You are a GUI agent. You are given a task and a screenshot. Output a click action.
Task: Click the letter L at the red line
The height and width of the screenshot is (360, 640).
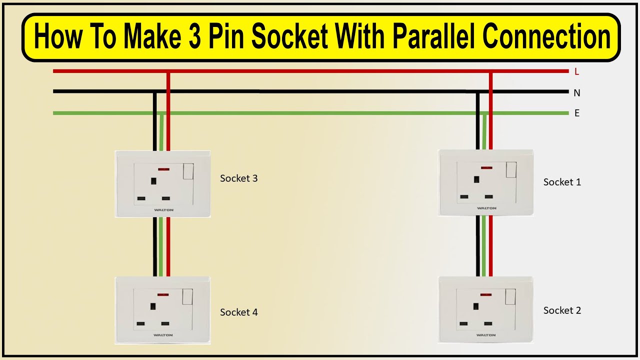(x=576, y=72)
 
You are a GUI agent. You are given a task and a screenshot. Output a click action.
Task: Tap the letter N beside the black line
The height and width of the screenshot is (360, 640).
(x=577, y=93)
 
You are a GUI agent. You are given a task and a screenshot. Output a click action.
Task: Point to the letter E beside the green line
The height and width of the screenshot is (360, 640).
(x=577, y=113)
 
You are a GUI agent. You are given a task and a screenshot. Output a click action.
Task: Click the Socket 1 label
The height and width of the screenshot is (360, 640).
(x=562, y=182)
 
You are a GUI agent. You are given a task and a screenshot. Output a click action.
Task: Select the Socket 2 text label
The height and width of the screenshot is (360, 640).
(x=562, y=310)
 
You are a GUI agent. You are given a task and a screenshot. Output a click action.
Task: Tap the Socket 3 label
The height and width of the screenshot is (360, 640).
(x=238, y=178)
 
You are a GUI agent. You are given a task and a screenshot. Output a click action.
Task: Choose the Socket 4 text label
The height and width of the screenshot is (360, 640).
(x=238, y=312)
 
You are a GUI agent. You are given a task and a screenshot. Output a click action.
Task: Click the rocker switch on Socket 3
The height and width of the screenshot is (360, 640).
(x=188, y=171)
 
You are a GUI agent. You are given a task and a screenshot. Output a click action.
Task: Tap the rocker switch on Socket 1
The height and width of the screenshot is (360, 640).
(x=511, y=170)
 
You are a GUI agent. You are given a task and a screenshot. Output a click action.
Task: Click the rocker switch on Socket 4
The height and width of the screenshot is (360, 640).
(x=188, y=297)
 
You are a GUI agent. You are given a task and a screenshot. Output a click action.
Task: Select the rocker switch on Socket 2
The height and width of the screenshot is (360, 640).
(x=511, y=296)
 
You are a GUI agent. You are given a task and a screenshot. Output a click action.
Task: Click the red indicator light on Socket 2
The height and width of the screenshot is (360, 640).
(x=485, y=293)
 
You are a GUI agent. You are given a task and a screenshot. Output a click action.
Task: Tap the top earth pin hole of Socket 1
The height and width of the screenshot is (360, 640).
(x=476, y=179)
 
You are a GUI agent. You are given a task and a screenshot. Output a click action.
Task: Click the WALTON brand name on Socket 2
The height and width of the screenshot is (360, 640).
(x=486, y=335)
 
